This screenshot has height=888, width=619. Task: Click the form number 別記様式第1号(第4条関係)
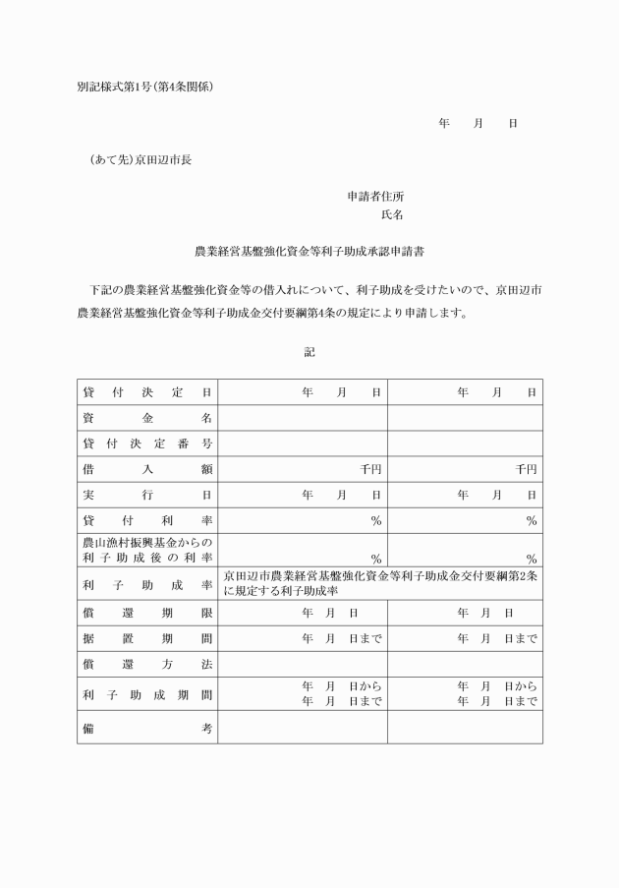(144, 87)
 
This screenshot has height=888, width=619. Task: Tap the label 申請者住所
(375, 197)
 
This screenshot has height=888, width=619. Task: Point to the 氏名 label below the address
(392, 213)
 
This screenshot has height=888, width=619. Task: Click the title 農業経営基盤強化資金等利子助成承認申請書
(309, 252)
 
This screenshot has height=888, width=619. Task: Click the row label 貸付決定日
(147, 392)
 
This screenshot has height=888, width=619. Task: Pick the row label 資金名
(147, 418)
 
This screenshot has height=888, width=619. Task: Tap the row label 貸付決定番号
(147, 444)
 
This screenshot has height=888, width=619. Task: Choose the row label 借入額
(147, 469)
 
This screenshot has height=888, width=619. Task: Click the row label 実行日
(147, 495)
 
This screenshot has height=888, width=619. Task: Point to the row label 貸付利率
(147, 520)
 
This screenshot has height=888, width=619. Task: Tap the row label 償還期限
(147, 613)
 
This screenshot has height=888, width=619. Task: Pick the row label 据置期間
(147, 638)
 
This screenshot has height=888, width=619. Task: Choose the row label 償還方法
(147, 664)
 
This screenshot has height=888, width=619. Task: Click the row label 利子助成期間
(147, 693)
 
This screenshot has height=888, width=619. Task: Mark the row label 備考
(147, 727)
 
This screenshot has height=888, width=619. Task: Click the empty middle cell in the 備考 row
(302, 727)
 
